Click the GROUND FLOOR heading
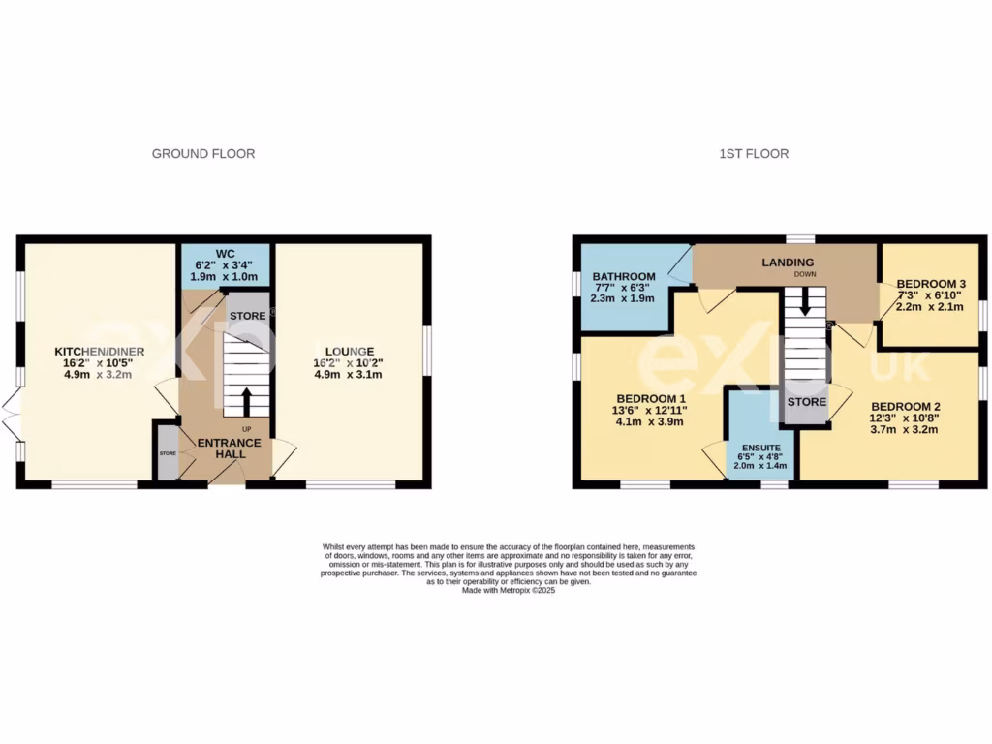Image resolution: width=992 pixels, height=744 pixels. pos(203,154)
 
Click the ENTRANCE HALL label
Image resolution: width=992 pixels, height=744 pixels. pos(230,449)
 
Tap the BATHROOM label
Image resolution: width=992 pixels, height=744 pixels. pos(624,276)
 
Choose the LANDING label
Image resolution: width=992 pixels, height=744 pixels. pos(788,263)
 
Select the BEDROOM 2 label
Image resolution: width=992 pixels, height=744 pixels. pos(905,407)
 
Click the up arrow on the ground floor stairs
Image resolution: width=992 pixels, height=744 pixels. pos(246,400)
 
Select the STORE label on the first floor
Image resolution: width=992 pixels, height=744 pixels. pos(806,401)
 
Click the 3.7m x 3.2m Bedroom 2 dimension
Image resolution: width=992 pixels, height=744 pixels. pos(905,431)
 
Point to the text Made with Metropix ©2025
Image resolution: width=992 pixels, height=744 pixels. pos(509,590)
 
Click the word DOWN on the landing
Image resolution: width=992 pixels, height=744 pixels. pos(806,274)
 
